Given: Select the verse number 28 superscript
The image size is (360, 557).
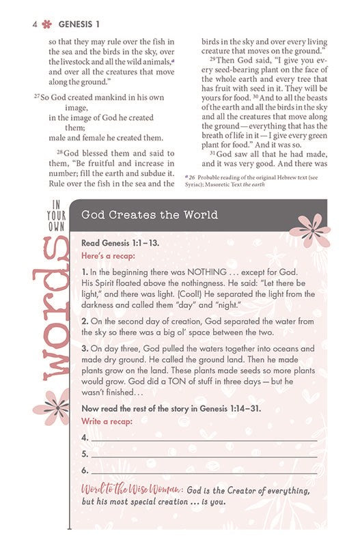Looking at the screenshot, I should coord(59,152).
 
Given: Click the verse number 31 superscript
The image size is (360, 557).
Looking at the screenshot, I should coord(212,154).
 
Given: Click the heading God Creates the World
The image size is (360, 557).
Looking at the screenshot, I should coord(150,215).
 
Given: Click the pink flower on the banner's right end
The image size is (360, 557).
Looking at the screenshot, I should coord(309,229).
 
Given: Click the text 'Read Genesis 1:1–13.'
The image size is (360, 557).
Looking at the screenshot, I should coord(118,242).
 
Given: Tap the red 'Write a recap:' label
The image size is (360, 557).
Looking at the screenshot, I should coord(107,421).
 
